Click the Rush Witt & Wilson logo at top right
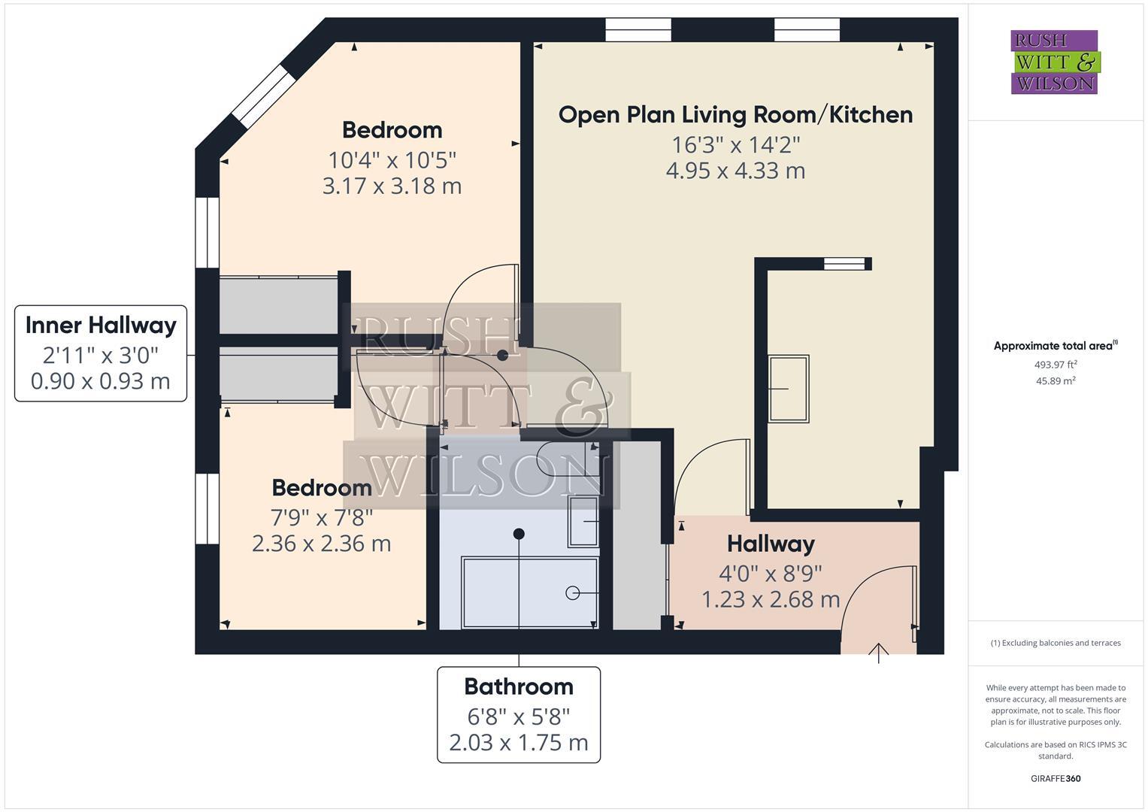[1054, 62]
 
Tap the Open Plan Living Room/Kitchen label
[735, 115]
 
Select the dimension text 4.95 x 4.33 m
[735, 171]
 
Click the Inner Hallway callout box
[101, 353]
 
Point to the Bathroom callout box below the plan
[519, 714]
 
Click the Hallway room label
[771, 544]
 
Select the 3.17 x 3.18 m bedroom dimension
[392, 186]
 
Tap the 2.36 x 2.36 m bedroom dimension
[321, 544]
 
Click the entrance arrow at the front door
[878, 652]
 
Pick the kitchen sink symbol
[789, 389]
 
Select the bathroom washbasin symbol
[583, 521]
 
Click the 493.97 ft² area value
[1056, 365]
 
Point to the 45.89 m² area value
[1056, 381]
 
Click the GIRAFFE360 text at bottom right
[1056, 778]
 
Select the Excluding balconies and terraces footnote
[1056, 643]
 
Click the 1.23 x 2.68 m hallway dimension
[771, 600]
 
